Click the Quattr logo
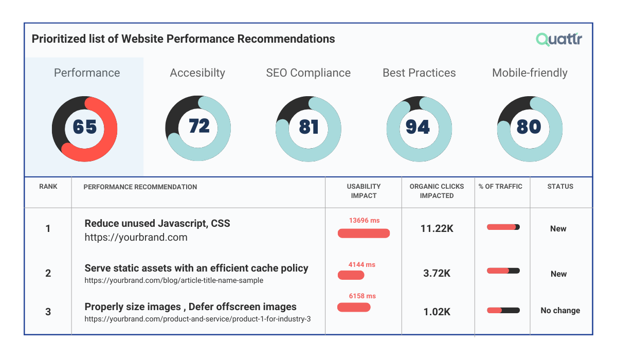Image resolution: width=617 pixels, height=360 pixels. [559, 40]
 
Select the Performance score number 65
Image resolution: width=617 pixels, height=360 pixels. [85, 127]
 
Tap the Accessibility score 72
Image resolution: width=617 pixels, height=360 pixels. [199, 126]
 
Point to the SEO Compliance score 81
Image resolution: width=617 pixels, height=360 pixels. [308, 127]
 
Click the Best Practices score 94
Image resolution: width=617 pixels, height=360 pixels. [418, 127]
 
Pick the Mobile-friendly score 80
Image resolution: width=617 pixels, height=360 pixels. [529, 127]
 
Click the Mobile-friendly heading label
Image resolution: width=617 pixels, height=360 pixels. [530, 73]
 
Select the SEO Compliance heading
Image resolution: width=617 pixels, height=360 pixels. [308, 73]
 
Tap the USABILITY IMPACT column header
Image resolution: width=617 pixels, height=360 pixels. [364, 191]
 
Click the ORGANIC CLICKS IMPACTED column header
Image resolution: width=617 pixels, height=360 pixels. [437, 191]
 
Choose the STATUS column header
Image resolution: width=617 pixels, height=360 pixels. [560, 187]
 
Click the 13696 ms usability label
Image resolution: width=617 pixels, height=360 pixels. [364, 221]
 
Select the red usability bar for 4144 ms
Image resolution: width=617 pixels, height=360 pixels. [351, 275]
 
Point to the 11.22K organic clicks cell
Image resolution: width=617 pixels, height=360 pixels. [437, 229]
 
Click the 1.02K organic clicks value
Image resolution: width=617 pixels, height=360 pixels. [437, 311]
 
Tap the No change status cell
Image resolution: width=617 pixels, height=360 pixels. [560, 311]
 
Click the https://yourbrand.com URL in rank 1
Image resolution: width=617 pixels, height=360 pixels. [136, 238]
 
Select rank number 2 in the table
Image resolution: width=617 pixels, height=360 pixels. [48, 273]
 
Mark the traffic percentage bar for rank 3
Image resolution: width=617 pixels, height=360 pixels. [503, 311]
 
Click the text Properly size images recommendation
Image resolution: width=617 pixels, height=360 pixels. [190, 307]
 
